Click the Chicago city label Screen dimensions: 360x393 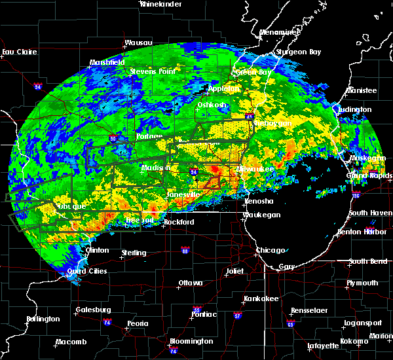(x=271, y=250)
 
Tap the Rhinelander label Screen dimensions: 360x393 (x=161, y=4)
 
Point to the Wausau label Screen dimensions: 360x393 (x=138, y=44)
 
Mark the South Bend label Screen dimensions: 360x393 (x=367, y=261)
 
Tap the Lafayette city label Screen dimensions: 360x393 (x=324, y=346)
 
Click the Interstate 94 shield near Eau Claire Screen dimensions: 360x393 (x=38, y=84)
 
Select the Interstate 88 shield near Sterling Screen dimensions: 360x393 (x=185, y=251)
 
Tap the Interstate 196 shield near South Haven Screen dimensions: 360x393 (x=375, y=196)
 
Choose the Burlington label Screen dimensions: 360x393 (x=43, y=319)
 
